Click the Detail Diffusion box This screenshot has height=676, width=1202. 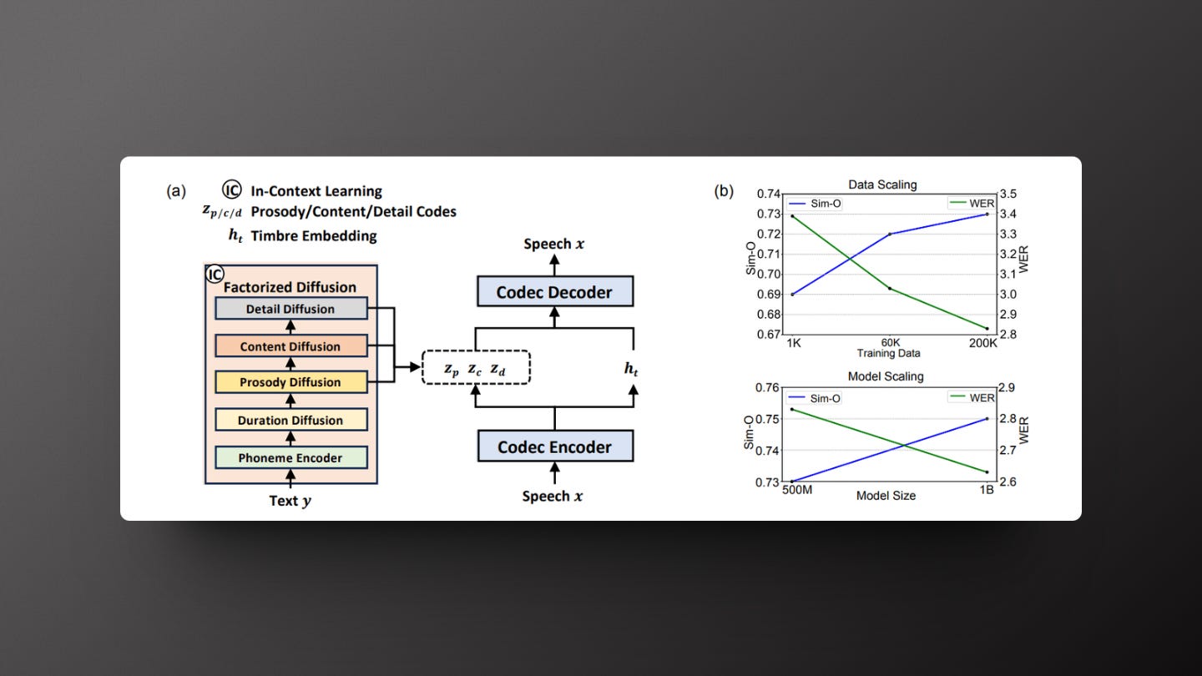[290, 309]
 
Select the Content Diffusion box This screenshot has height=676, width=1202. [290, 346]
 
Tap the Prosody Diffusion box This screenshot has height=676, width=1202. [290, 382]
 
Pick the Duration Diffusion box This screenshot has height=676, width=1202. [290, 421]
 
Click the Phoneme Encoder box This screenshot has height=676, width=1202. [290, 458]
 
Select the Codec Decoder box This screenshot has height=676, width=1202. [554, 292]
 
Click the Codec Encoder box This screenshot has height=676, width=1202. [554, 446]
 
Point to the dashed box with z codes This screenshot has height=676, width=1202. [476, 368]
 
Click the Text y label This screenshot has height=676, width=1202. [290, 501]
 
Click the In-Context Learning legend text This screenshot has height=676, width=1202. [316, 191]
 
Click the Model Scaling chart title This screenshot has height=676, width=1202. [886, 376]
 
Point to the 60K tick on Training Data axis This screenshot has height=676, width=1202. [891, 343]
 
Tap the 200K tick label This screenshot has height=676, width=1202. [983, 343]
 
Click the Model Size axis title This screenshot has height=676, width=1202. [886, 496]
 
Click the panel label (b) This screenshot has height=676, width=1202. [724, 191]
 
